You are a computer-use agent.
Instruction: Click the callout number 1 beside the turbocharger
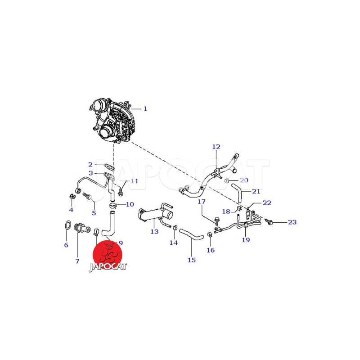tap(145, 108)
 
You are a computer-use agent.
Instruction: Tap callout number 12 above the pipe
tap(216, 147)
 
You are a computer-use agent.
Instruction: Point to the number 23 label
tap(292, 222)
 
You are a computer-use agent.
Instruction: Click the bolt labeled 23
tap(269, 221)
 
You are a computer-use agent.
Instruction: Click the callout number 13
tap(154, 231)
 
